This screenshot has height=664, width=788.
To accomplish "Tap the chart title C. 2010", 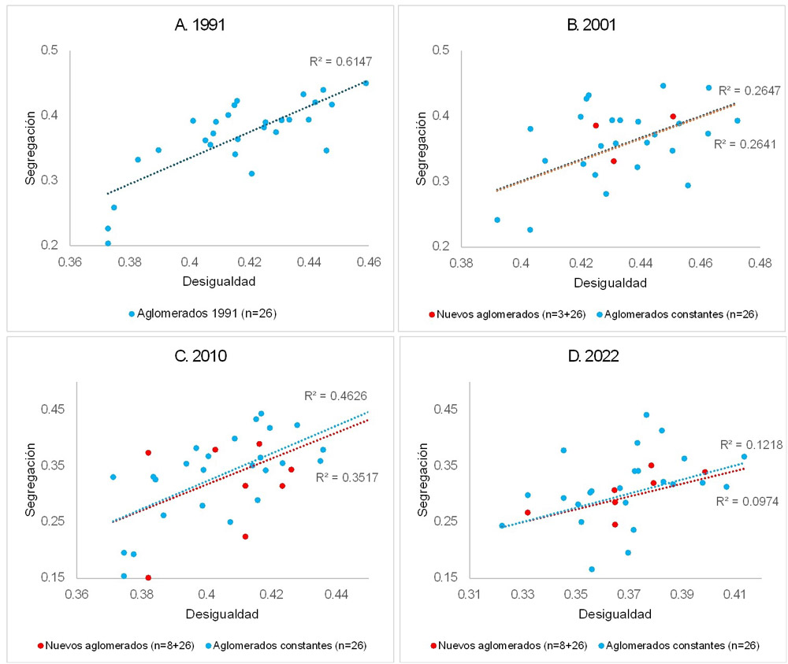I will [x=200, y=355].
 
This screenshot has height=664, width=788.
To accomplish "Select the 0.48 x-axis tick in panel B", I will [x=760, y=262].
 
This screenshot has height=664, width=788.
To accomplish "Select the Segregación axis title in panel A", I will [x=29, y=147].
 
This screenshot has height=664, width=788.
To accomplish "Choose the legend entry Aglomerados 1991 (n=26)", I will [x=203, y=313].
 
